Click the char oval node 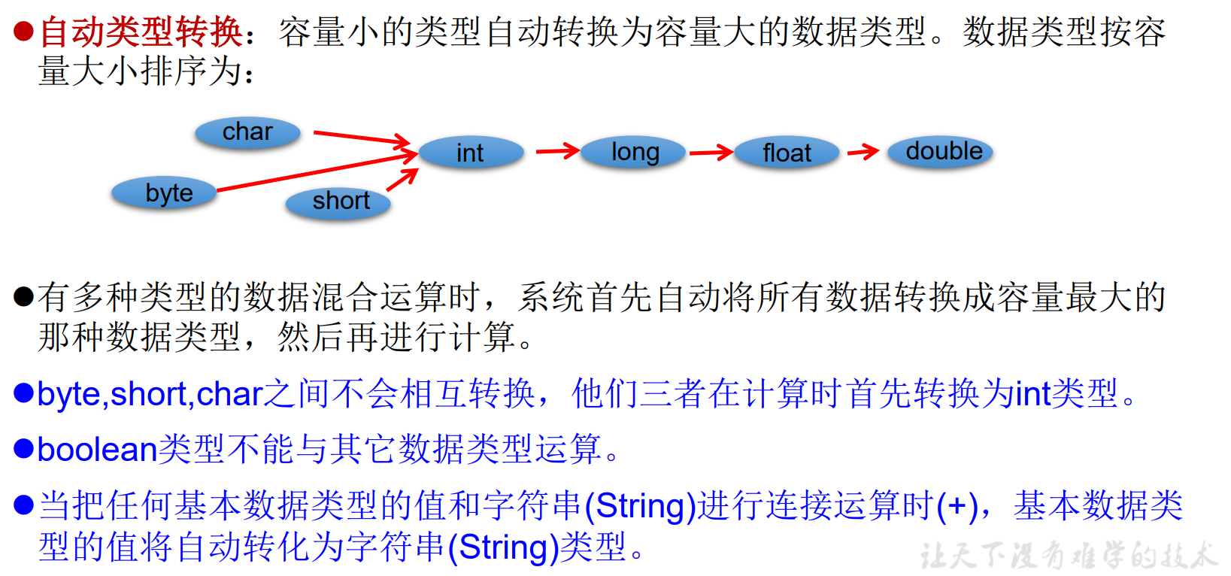[x=247, y=132]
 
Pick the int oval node [x=471, y=153]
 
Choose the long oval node [x=633, y=152]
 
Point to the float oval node [x=787, y=153]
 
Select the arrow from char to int [x=361, y=138]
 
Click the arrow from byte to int [x=316, y=172]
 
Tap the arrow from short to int [x=402, y=180]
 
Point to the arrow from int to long [x=557, y=151]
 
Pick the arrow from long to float [x=711, y=153]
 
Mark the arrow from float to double [x=863, y=152]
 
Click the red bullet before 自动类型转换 [x=24, y=32]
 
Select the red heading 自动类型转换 [x=141, y=32]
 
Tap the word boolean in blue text [x=97, y=450]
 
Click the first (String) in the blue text [x=640, y=506]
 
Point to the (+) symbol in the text [x=957, y=506]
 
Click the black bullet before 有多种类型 [x=24, y=297]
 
